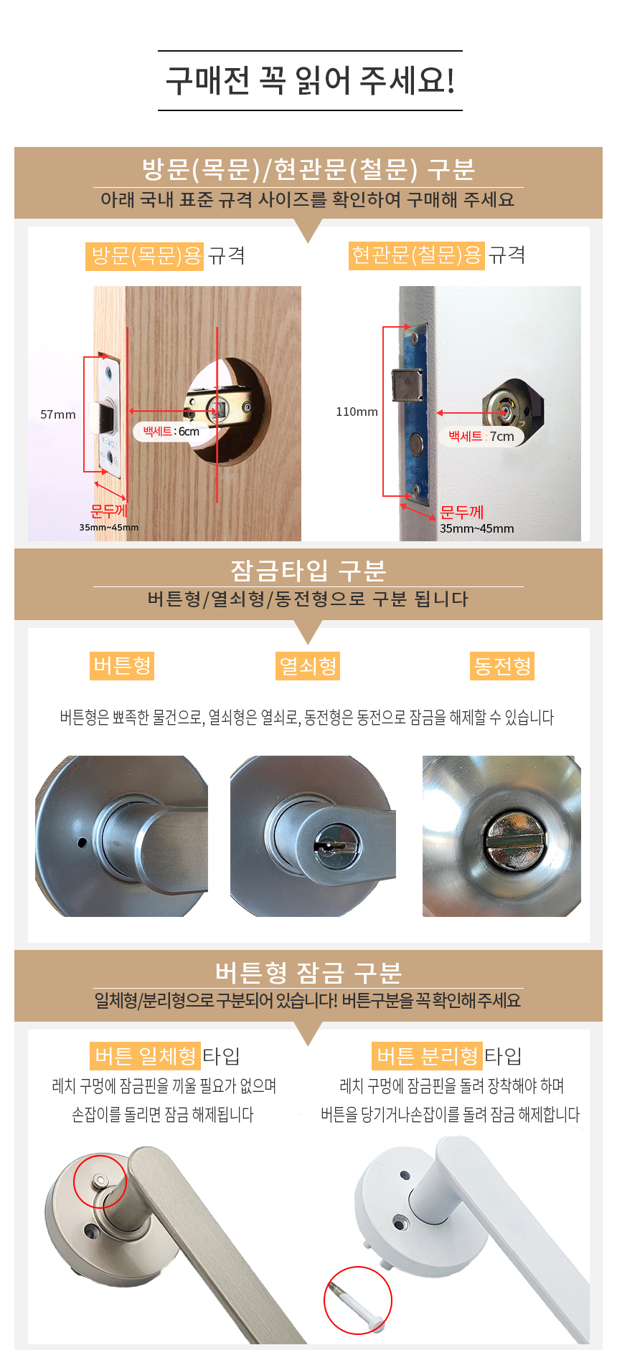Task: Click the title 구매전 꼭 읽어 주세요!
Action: (310, 80)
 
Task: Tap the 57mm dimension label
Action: (58, 414)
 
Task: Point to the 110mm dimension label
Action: (357, 412)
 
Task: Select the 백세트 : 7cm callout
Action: (481, 436)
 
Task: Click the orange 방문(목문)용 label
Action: (145, 256)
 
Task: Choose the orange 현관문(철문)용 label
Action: (416, 255)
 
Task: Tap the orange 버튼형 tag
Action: (122, 665)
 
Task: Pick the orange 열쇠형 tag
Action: (308, 666)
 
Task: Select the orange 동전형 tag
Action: (502, 666)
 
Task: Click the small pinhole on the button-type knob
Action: (82, 842)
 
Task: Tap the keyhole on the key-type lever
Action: (334, 845)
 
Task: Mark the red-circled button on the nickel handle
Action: (99, 1180)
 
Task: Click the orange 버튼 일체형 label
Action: (144, 1056)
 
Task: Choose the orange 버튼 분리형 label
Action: (427, 1056)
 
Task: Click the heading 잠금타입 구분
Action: (308, 571)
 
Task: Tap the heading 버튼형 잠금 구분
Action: (308, 972)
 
